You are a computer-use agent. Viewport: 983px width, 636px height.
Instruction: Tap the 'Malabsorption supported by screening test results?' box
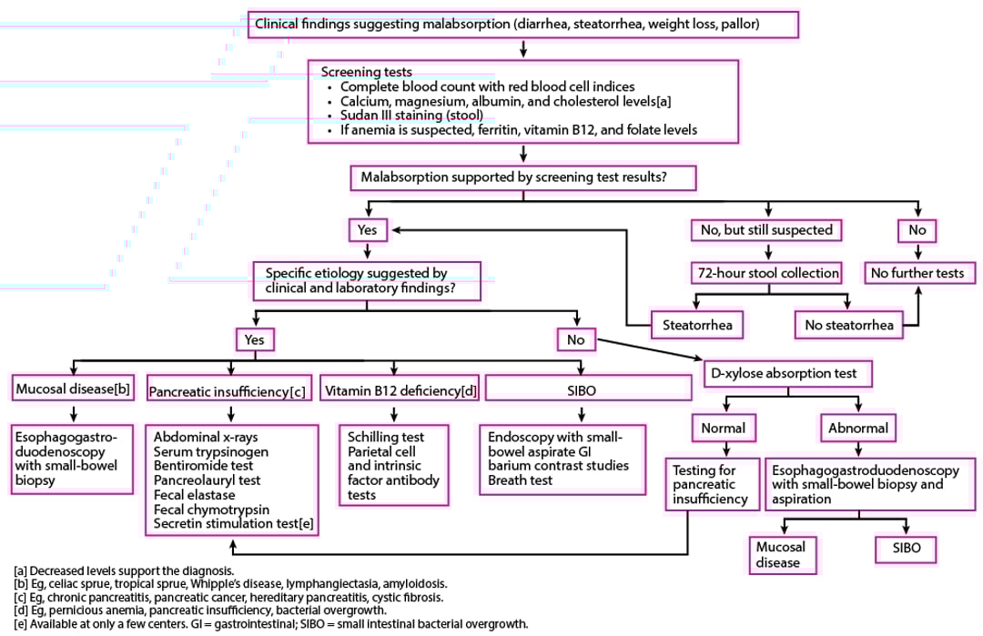click(522, 178)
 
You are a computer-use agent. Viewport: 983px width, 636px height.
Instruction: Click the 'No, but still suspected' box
click(765, 230)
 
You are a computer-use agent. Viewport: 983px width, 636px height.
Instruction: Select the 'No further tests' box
click(917, 273)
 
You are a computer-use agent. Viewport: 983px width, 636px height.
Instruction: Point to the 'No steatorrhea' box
click(848, 324)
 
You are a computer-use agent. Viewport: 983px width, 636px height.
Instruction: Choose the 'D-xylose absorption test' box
click(781, 373)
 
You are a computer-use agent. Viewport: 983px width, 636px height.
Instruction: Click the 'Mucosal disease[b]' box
click(73, 389)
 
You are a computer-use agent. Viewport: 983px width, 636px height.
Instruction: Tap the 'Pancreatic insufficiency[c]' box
click(227, 390)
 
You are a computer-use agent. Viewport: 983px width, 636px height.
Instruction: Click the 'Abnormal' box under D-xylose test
click(856, 427)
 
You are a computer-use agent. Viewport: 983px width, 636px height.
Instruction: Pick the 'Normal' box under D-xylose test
click(724, 427)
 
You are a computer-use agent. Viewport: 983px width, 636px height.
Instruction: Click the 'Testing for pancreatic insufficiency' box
click(710, 485)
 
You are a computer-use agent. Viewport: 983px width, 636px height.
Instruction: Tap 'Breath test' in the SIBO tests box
click(520, 480)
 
